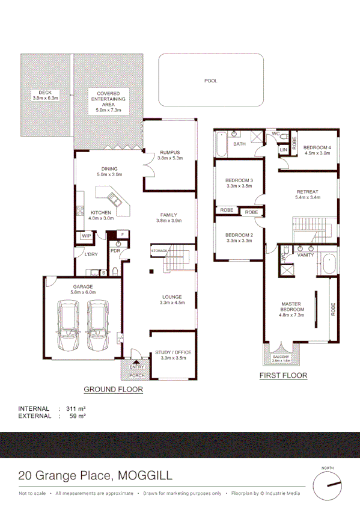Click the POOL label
pyautogui.click(x=210, y=81)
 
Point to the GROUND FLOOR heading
pyautogui.click(x=113, y=389)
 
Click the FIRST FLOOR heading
pyautogui.click(x=282, y=376)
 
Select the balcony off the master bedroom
pyautogui.click(x=282, y=357)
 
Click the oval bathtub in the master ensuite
pyautogui.click(x=328, y=265)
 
